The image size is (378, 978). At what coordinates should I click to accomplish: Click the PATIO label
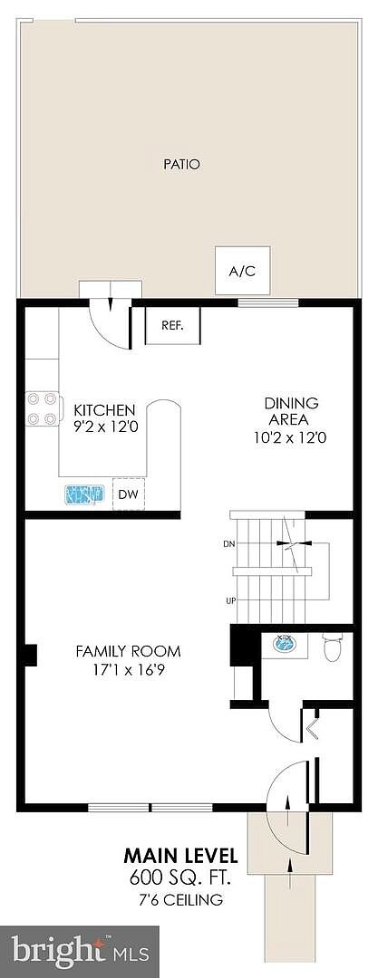click(x=181, y=166)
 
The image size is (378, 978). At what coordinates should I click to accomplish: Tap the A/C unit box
click(x=242, y=271)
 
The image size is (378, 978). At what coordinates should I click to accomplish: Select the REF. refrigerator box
click(x=172, y=325)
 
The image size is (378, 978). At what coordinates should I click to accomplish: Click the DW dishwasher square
click(x=129, y=494)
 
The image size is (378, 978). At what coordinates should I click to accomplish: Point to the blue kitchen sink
click(x=83, y=495)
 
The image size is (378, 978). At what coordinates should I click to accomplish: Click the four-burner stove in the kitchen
click(x=44, y=408)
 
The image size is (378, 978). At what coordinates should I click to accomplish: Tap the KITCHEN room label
click(x=104, y=410)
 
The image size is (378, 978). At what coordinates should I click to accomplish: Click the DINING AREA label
click(x=291, y=411)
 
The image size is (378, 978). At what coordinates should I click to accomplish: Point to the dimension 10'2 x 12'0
click(x=291, y=438)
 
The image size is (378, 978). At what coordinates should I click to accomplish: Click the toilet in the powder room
click(x=333, y=647)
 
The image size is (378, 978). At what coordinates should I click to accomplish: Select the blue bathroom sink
click(x=287, y=643)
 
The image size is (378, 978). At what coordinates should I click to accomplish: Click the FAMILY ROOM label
click(x=128, y=652)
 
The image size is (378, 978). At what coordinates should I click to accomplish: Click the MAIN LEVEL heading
click(x=180, y=854)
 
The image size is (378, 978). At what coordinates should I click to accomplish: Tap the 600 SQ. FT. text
click(x=180, y=879)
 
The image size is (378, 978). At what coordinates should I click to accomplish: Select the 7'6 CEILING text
click(x=180, y=900)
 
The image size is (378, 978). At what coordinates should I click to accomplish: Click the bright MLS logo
click(x=80, y=952)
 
